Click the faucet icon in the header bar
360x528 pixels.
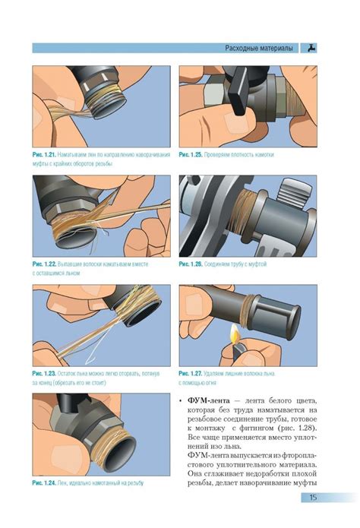point(312,48)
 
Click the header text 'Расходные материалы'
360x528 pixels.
point(259,48)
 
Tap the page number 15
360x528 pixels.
point(313,497)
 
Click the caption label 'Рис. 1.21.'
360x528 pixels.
point(44,155)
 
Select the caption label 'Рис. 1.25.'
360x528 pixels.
point(191,155)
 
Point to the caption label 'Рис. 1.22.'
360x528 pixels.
point(44,264)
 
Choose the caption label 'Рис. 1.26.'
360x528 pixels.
point(191,264)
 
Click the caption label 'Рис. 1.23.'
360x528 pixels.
point(44,374)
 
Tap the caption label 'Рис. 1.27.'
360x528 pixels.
point(191,374)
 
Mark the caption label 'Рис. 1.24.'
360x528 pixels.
point(44,483)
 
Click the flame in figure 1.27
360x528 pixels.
point(234,332)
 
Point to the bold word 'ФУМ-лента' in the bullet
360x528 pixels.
point(208,400)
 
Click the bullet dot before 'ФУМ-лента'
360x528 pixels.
point(181,401)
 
